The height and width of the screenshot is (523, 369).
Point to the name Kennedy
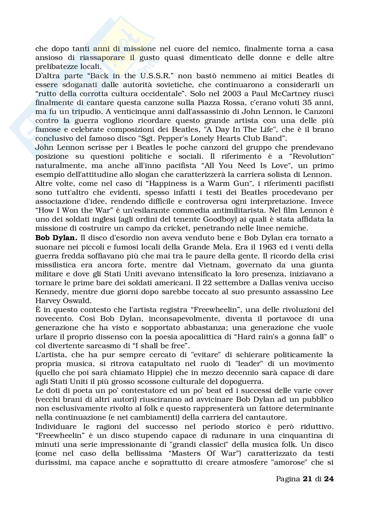[x=49, y=291]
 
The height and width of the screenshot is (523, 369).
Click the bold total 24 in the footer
[x=328, y=479]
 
